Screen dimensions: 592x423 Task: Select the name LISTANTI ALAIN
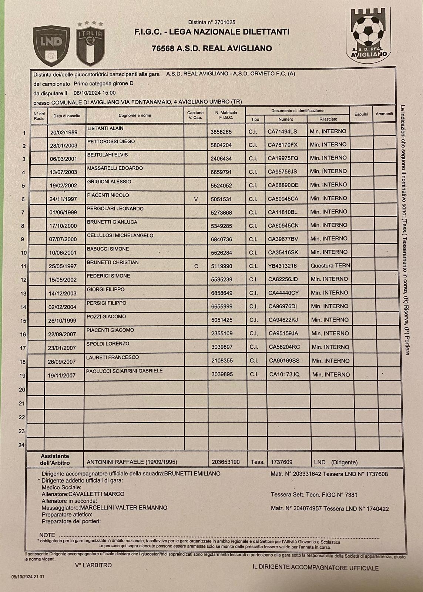click(105, 128)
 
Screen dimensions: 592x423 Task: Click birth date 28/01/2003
click(64, 146)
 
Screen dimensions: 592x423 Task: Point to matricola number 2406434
click(221, 158)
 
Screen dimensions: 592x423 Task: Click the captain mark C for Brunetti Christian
click(196, 266)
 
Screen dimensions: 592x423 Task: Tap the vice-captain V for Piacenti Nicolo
click(196, 199)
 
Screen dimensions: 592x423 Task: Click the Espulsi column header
click(361, 114)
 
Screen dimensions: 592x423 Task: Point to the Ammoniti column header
click(384, 114)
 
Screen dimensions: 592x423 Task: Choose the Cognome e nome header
click(135, 115)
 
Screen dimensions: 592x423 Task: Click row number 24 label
click(21, 445)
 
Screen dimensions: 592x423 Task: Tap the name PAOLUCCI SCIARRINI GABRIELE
click(124, 371)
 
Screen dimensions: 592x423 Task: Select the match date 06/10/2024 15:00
click(95, 93)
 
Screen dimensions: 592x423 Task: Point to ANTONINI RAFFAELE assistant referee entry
click(132, 462)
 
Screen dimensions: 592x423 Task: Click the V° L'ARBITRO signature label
click(93, 565)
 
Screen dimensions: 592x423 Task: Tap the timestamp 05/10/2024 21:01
click(28, 576)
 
